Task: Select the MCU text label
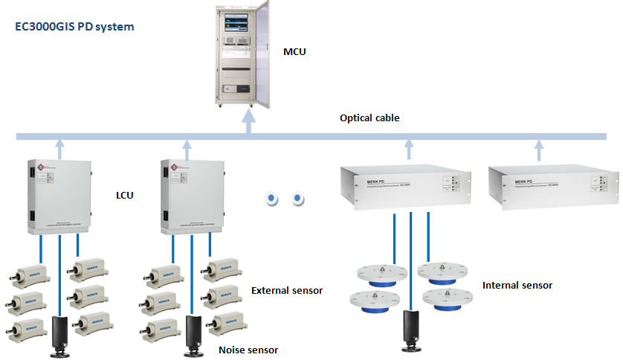click(294, 52)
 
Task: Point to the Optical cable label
click(369, 118)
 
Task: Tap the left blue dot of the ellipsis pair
click(273, 199)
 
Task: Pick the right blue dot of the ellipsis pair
click(298, 199)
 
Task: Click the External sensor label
click(287, 291)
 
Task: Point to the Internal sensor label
click(517, 285)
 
